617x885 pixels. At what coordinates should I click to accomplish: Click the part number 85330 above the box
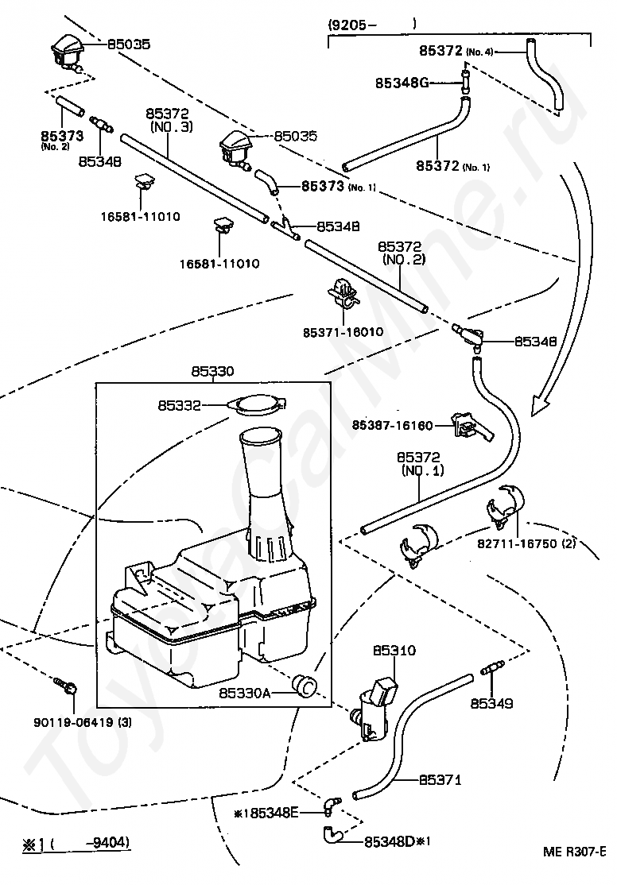pyautogui.click(x=212, y=371)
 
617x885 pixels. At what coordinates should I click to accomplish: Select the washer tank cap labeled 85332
pyautogui.click(x=256, y=405)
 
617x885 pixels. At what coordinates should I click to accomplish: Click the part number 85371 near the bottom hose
pyautogui.click(x=440, y=780)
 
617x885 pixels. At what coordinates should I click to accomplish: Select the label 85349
pyautogui.click(x=491, y=703)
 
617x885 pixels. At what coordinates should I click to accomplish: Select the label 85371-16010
pyautogui.click(x=343, y=331)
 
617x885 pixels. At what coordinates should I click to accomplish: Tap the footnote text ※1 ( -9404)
pyautogui.click(x=76, y=842)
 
